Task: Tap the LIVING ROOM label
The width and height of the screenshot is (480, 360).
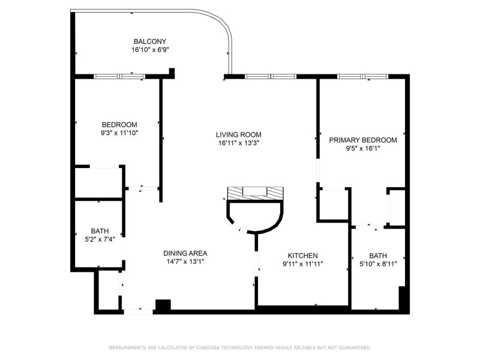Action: coord(239,134)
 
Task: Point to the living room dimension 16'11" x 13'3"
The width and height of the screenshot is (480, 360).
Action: coord(239,143)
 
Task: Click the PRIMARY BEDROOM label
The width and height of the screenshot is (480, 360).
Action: coord(363,140)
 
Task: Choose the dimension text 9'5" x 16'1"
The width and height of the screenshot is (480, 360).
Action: coord(363,148)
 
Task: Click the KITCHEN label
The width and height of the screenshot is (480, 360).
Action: coord(303,255)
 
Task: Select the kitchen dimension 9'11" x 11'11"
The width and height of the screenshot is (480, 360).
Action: coord(303,263)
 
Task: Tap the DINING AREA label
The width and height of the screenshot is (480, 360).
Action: coord(185,253)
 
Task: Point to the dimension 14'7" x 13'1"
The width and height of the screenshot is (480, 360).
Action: coord(185,262)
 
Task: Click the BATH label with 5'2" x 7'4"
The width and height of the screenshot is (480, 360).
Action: coord(100,231)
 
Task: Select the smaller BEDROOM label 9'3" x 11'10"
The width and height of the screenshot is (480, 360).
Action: coord(119,125)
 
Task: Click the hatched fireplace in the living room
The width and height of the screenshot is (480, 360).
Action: coord(255,193)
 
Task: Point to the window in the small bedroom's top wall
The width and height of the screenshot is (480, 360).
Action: coord(119,76)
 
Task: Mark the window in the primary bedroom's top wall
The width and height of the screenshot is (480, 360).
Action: coord(362,76)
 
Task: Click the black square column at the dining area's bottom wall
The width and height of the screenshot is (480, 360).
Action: coord(163,305)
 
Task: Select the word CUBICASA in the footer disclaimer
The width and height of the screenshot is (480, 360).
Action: coord(207,347)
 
